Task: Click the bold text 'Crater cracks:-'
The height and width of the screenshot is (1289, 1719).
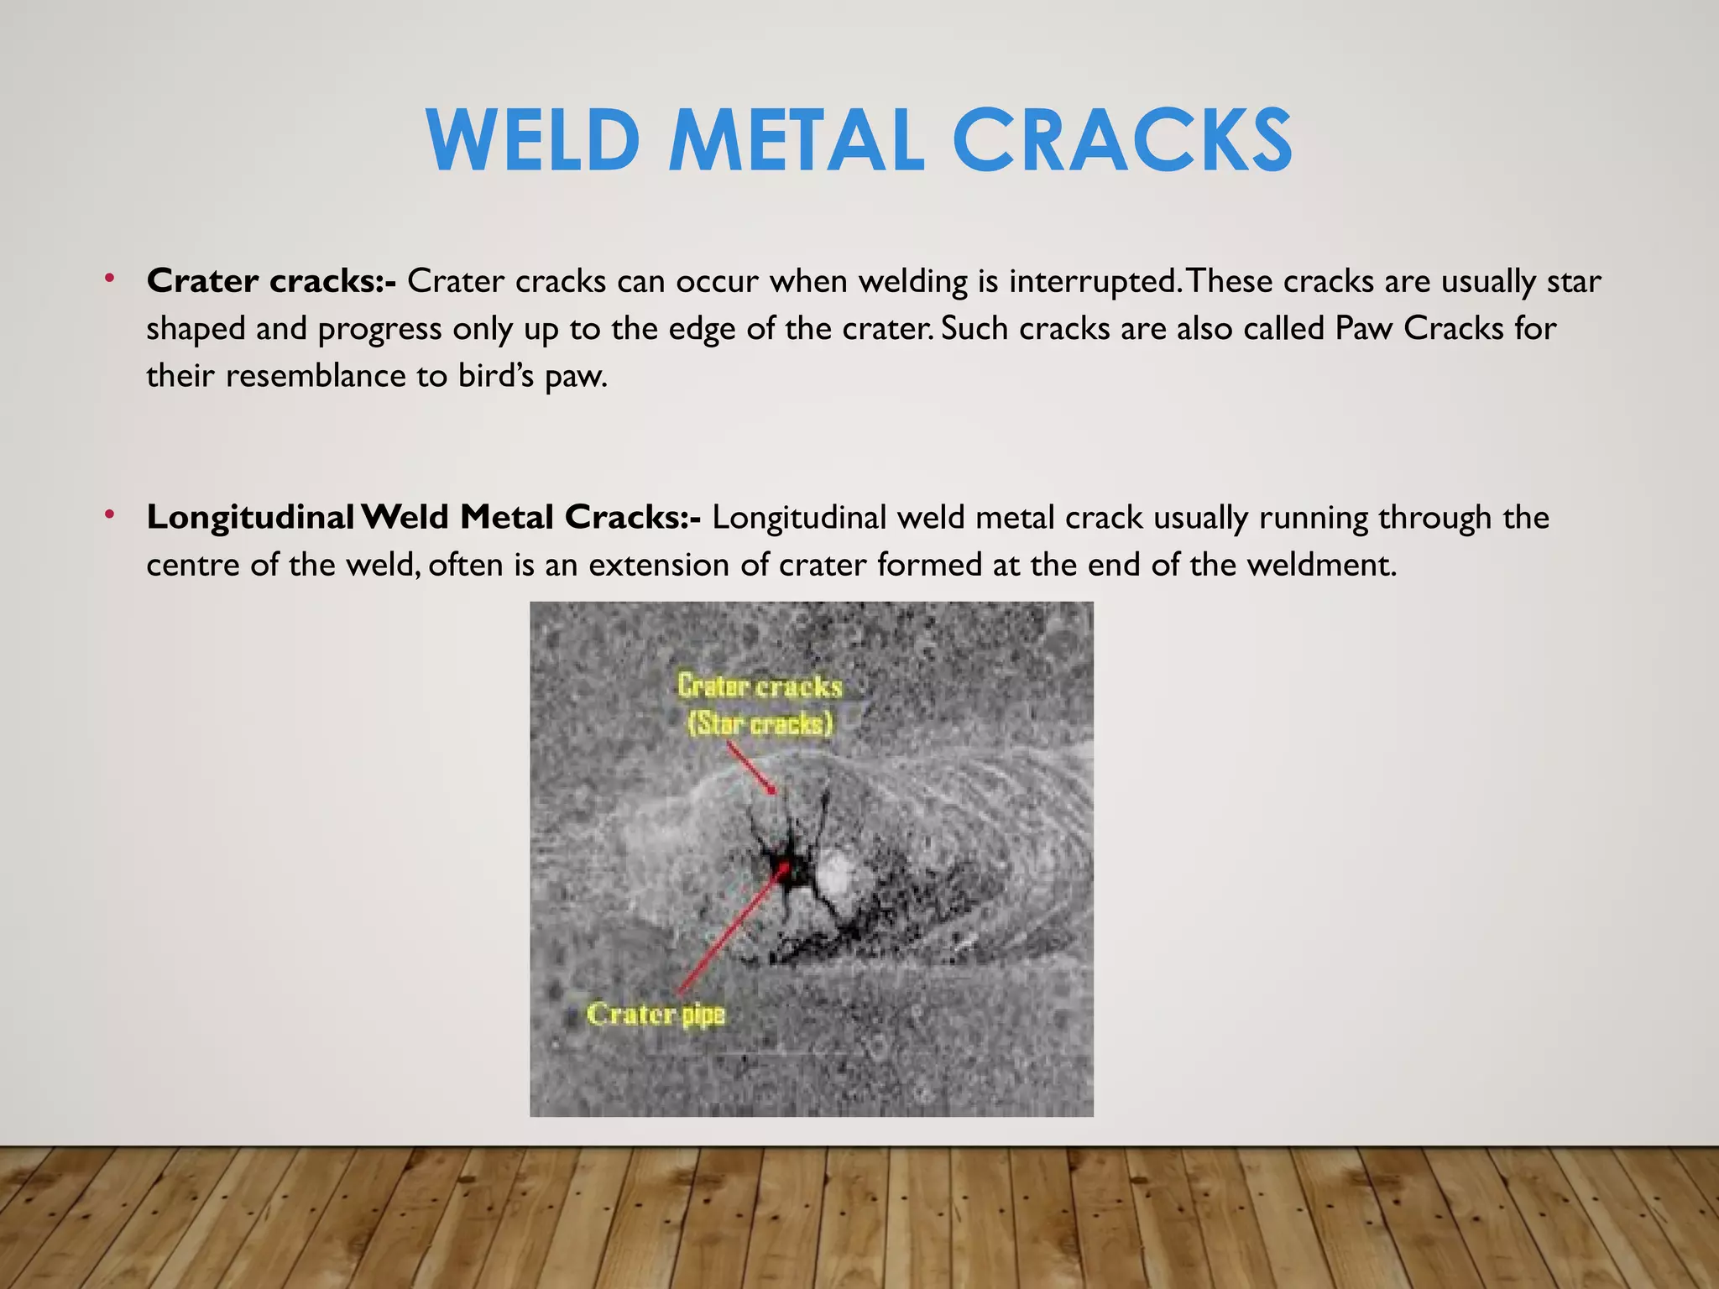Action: click(x=271, y=281)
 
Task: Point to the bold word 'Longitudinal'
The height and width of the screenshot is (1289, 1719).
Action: click(x=250, y=518)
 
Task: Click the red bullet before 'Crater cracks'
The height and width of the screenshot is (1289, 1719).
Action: click(x=109, y=278)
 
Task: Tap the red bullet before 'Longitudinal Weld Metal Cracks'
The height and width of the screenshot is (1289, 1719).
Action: click(x=109, y=514)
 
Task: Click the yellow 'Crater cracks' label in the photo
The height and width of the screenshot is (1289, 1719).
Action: click(x=760, y=686)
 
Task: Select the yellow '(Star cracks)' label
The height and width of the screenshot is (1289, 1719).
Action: click(x=760, y=723)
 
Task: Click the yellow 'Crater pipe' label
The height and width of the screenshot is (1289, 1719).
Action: click(x=656, y=1014)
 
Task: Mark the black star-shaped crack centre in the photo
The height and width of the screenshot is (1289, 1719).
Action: click(x=788, y=864)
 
